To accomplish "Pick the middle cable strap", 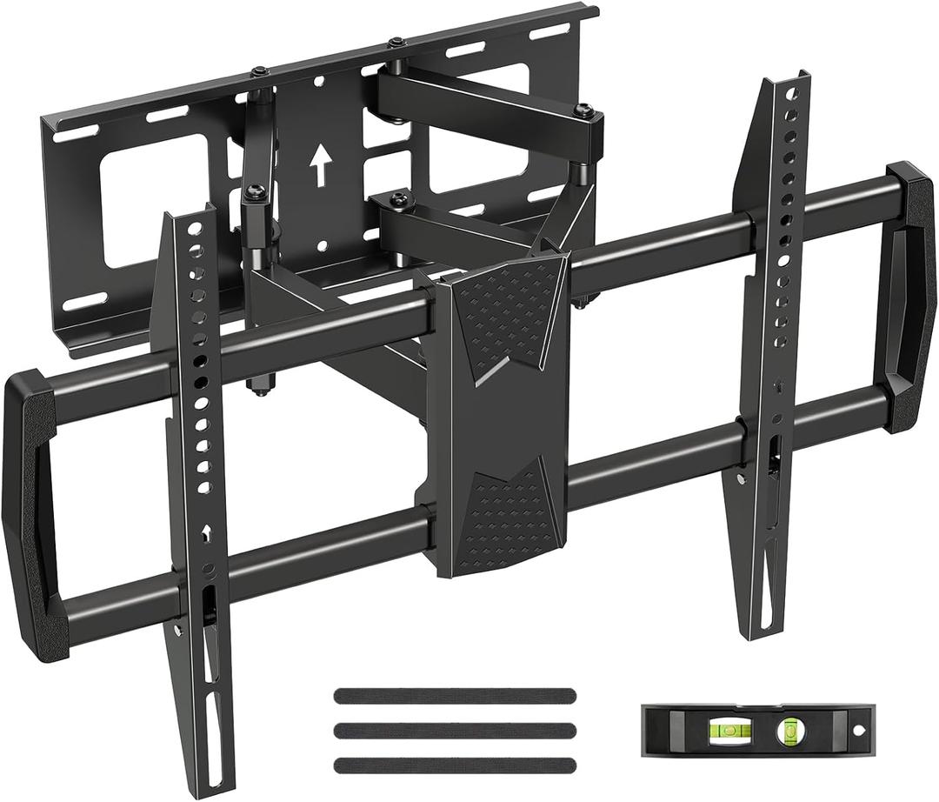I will (454, 730).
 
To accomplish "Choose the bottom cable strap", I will (454, 765).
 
